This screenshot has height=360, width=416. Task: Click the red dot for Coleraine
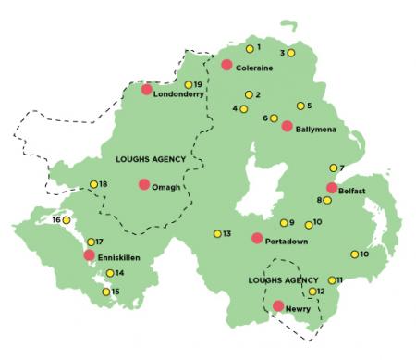pos(226,64)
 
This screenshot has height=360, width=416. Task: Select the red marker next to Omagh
pos(144,184)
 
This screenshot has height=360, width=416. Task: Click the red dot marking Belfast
pos(332,188)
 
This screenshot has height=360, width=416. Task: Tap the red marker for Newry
pos(278,305)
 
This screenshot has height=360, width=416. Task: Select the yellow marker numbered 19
pos(188,85)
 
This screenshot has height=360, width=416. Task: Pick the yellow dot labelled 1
pos(249,48)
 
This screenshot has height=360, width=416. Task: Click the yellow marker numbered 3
pos(291,53)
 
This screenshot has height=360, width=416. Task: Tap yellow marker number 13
pos(217,233)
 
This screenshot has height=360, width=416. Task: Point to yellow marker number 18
pos(93,184)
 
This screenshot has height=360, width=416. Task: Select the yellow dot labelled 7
pos(333,168)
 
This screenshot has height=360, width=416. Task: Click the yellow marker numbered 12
pos(312,292)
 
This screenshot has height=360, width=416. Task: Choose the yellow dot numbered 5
pos(300,106)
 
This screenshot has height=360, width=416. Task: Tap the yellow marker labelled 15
pos(105,292)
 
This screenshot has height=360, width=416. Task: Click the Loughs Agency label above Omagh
pos(150,159)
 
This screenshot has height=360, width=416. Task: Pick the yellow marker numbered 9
pos(284,222)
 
